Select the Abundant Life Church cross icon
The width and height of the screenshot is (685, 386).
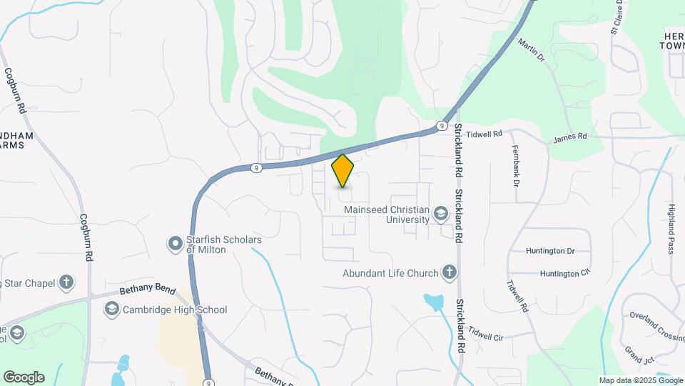click(x=449, y=272)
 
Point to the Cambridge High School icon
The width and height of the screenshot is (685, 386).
click(x=111, y=310)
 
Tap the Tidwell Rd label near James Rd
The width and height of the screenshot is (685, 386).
click(x=484, y=134)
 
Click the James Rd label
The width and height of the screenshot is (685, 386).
click(x=569, y=136)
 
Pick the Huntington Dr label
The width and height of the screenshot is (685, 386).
click(x=549, y=251)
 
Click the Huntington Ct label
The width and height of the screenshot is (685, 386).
click(x=565, y=274)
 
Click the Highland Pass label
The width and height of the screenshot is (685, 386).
click(x=671, y=228)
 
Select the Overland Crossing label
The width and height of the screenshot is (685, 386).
click(x=657, y=326)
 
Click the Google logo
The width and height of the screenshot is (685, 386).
click(x=24, y=377)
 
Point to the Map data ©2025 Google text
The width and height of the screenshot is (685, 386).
click(x=640, y=380)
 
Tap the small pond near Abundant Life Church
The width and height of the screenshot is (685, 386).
click(x=433, y=302)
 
